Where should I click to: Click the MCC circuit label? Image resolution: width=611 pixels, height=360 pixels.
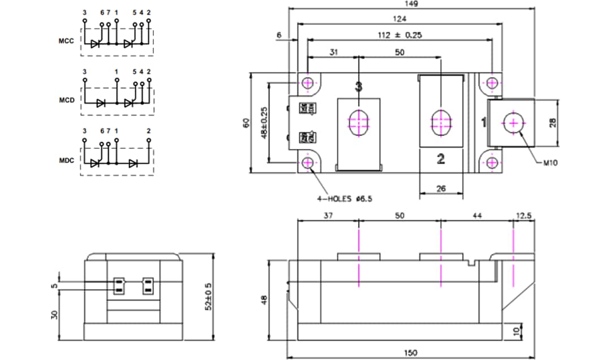[x=66, y=41]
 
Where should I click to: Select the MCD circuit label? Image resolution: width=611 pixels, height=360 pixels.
[x=66, y=101]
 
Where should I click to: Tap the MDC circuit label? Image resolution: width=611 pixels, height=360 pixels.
[x=66, y=160]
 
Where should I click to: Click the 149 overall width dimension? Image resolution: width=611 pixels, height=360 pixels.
[x=412, y=4]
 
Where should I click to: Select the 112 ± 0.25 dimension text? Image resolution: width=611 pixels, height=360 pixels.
[x=400, y=35]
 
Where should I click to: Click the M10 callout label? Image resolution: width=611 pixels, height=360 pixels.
[x=550, y=163]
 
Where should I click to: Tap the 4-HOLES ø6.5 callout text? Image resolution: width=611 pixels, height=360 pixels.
[x=345, y=199]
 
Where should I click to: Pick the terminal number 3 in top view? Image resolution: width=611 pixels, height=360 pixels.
[x=358, y=87]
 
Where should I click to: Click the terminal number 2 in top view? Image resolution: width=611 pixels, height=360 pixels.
[x=441, y=159]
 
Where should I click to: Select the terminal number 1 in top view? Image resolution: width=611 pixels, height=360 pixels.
[x=484, y=122]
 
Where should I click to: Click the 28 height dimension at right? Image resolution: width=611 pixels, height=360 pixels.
[x=568, y=122]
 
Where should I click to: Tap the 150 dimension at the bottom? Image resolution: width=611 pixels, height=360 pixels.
[x=411, y=353]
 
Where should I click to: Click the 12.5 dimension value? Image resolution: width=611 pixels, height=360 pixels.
[x=524, y=216]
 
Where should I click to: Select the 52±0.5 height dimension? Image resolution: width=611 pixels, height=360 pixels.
[x=209, y=297]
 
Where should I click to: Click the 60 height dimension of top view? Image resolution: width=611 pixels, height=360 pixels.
[x=246, y=122]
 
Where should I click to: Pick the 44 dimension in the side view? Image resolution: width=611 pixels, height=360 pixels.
[x=476, y=216]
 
